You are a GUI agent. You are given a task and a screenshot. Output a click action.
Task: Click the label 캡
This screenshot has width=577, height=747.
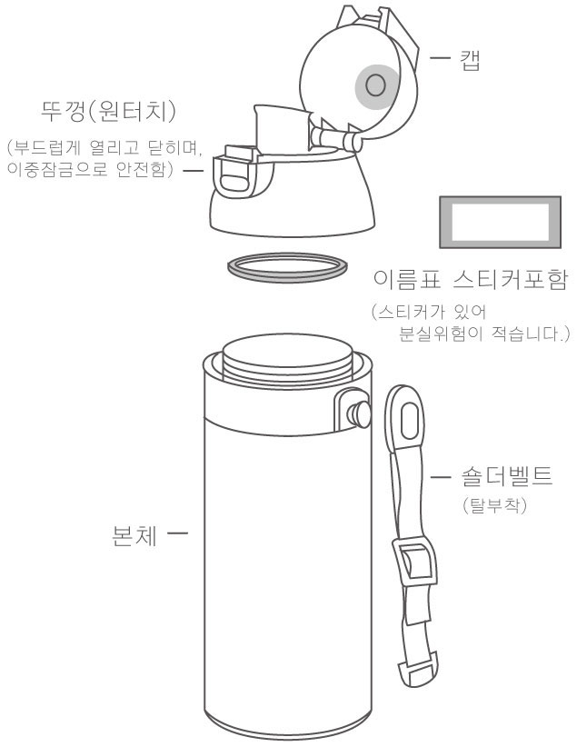[x=470, y=59]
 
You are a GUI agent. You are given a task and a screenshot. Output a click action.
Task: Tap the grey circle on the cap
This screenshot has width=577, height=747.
[x=377, y=86]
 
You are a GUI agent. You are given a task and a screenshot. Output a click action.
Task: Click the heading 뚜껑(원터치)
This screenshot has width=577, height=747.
[x=108, y=113]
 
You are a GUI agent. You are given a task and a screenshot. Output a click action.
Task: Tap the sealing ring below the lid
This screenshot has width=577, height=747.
[x=287, y=268]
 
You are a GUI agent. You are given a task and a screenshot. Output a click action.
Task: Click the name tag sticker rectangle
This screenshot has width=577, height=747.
[x=500, y=222]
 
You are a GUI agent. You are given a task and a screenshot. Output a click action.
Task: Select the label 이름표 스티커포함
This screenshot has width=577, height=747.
[x=471, y=279]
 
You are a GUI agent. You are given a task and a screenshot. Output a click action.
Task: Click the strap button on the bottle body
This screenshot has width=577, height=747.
[x=358, y=413]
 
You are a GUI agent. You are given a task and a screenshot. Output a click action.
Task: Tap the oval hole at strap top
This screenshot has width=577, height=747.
[x=409, y=420]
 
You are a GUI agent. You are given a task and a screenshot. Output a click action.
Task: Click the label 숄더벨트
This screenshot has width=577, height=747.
[x=507, y=476]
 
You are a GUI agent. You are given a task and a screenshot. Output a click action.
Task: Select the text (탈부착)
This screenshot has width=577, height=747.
[x=494, y=505]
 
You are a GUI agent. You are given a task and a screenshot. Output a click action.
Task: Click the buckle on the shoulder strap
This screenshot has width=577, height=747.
[x=414, y=563]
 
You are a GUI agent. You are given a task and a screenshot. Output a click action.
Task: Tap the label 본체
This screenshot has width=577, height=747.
[x=134, y=535]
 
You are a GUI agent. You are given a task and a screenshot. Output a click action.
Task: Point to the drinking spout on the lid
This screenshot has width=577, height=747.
[x=282, y=130]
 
